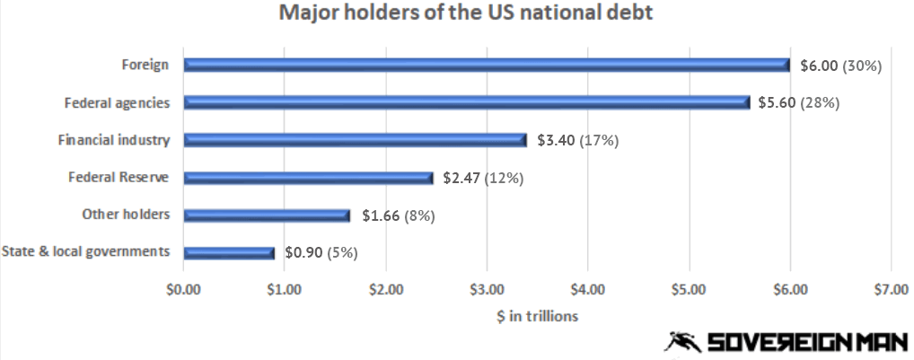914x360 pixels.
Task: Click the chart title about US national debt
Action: pos(466,13)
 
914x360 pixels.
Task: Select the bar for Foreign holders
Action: pos(487,65)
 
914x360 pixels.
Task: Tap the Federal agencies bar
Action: pos(467,102)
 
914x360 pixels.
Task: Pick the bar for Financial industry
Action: pos(355,140)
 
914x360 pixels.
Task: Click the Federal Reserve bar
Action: pos(308,178)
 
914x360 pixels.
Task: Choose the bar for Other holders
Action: pos(267,215)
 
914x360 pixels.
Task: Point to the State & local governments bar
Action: pos(229,253)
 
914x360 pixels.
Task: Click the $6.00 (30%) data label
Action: pos(841,66)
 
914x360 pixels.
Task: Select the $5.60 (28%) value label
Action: pos(798,103)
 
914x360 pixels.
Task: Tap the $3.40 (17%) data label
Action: pos(577,141)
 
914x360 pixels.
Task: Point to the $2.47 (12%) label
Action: pos(483,179)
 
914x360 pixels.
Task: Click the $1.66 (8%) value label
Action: pos(399,216)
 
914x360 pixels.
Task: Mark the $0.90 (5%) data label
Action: pos(321,253)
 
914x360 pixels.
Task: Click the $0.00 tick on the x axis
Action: pos(183,289)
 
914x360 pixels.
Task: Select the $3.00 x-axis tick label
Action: pos(487,289)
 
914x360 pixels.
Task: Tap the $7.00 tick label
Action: pos(892,289)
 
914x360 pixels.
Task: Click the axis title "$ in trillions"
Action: pos(538,316)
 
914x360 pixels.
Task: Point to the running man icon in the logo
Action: pos(683,342)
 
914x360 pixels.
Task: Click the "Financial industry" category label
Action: pos(114,140)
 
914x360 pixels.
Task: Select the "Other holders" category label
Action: pos(126,215)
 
